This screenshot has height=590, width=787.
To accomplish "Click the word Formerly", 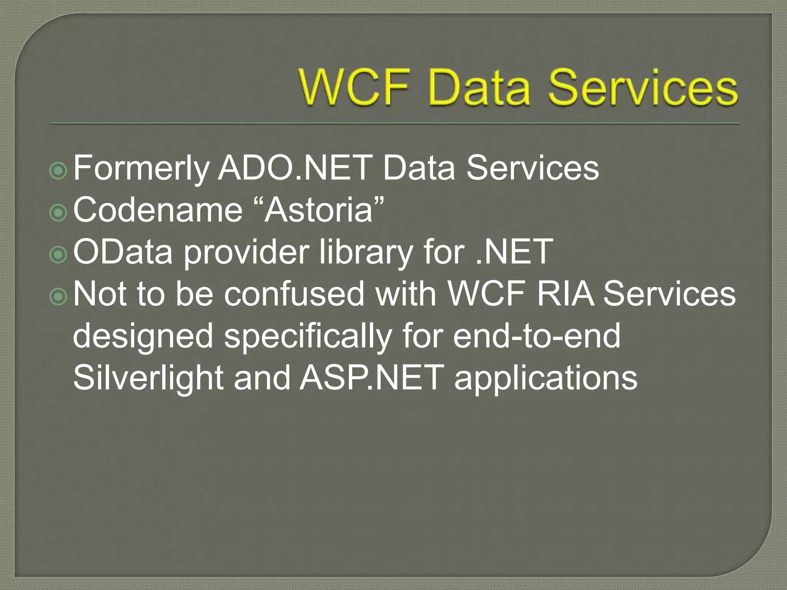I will pyautogui.click(x=141, y=169).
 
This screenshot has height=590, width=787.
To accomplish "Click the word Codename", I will pyautogui.click(x=158, y=209).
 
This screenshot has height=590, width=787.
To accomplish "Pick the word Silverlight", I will pyautogui.click(x=148, y=378).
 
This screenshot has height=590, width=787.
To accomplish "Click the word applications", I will pyautogui.click(x=546, y=378).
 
